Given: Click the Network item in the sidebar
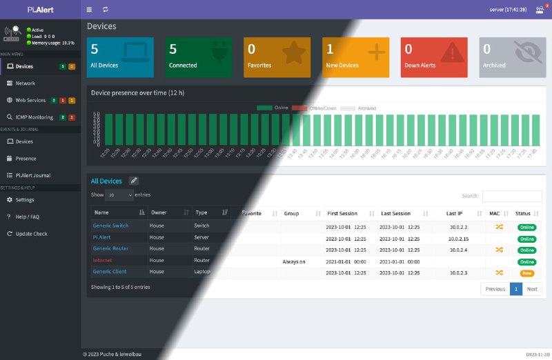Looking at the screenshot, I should click(26, 83).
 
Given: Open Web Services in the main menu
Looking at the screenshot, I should click(30, 100).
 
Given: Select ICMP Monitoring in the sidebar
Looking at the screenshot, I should click(34, 117).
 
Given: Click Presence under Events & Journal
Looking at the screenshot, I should click(26, 159).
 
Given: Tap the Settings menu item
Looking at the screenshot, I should click(25, 200).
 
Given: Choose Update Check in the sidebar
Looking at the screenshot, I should click(31, 234).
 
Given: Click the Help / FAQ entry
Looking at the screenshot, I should click(28, 217).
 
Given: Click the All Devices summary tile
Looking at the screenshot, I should click(120, 57).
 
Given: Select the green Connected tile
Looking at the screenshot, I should click(198, 57).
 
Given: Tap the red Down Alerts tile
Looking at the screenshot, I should click(433, 57).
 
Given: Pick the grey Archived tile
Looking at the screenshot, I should click(512, 57).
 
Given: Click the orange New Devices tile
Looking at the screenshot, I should click(355, 57).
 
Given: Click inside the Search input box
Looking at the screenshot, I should click(512, 197).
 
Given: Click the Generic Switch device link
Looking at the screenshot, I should click(110, 226).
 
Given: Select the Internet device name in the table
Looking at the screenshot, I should click(102, 261).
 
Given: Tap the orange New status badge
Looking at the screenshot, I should click(527, 274).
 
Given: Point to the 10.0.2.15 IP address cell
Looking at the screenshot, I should click(459, 238).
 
